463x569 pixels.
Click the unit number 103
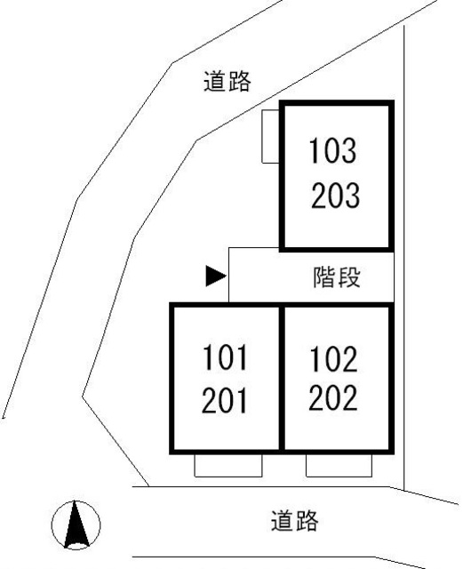332,150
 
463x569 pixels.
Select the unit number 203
335,196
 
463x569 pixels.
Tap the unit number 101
225,357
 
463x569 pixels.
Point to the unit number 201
224,400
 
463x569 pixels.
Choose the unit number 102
333,359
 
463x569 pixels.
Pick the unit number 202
332,397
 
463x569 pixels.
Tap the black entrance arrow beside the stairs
216,276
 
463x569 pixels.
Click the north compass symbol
76,525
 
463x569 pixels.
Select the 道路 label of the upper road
228,81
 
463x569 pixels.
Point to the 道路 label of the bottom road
295,521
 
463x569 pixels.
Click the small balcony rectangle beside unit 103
270,136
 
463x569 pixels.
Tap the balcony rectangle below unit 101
228,465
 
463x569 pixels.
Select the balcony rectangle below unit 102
339,465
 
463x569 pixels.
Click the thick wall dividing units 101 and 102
282,378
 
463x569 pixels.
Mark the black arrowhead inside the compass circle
76,524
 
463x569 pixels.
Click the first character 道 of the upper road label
215,81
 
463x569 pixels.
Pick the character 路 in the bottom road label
307,521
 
